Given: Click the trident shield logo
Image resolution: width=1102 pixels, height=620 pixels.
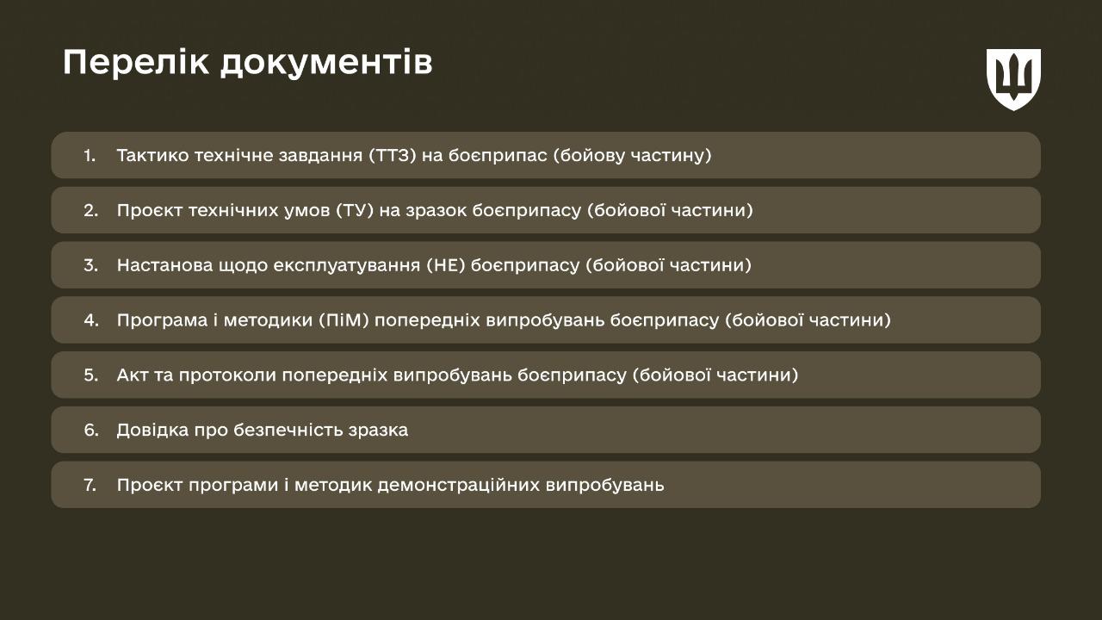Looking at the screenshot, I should point(1013,78).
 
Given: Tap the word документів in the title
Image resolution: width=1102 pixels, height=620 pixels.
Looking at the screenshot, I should point(326,64).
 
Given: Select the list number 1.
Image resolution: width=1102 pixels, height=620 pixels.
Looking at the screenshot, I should point(90,156).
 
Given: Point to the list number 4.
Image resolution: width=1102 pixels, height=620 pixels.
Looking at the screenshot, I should point(91,320).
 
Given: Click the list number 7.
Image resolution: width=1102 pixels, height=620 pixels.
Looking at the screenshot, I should point(90,485).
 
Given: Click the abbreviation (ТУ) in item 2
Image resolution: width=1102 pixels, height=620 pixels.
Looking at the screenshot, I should point(356,211).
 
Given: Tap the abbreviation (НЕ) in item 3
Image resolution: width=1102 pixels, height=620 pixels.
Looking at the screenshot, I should point(445,265).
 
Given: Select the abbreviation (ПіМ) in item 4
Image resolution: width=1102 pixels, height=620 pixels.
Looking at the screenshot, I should point(343,320).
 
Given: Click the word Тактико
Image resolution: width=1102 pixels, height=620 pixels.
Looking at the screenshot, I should point(152,156).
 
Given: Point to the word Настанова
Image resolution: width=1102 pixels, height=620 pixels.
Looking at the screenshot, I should point(161,265).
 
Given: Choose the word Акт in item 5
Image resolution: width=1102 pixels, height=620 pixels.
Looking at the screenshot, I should point(133,375).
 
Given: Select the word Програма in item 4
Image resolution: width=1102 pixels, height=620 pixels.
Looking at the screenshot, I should point(159,320).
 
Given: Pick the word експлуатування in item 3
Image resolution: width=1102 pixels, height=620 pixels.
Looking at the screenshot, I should point(345,265).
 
